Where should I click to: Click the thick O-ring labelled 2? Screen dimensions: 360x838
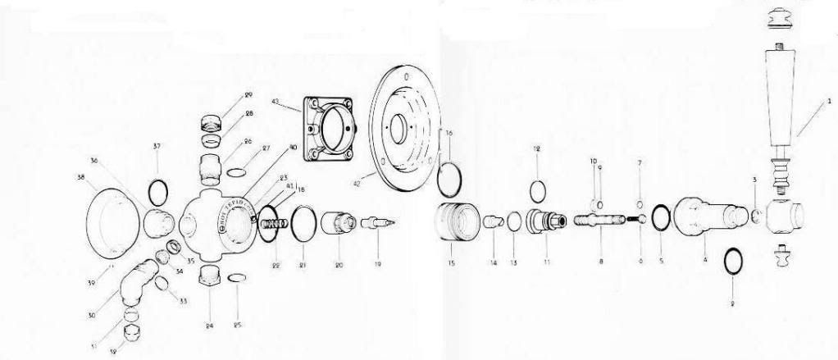pyautogui.click(x=731, y=263)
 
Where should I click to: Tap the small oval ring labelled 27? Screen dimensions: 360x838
pyautogui.click(x=235, y=171)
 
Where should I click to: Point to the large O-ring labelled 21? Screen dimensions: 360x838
pyautogui.click(x=303, y=223)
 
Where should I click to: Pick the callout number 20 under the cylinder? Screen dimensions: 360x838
pyautogui.click(x=338, y=266)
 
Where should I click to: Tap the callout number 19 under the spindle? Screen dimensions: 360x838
pyautogui.click(x=378, y=266)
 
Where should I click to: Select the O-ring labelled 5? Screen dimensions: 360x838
pyautogui.click(x=663, y=221)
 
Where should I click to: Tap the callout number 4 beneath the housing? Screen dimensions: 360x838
pyautogui.click(x=704, y=261)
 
